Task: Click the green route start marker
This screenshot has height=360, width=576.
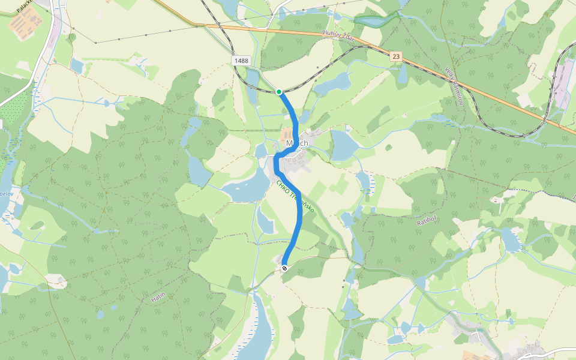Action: pos(279,91)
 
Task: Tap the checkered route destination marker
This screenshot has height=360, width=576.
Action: pos(284,268)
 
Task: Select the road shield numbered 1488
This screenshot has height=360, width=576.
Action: pos(241,61)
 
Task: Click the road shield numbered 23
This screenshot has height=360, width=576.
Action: pos(396,56)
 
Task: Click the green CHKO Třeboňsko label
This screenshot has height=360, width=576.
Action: pos(295,197)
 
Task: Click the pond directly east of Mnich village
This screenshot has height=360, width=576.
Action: pos(343,145)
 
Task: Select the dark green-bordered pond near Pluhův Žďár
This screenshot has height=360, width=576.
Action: pos(371,22)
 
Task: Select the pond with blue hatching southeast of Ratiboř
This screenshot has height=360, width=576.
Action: pos(511,239)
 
